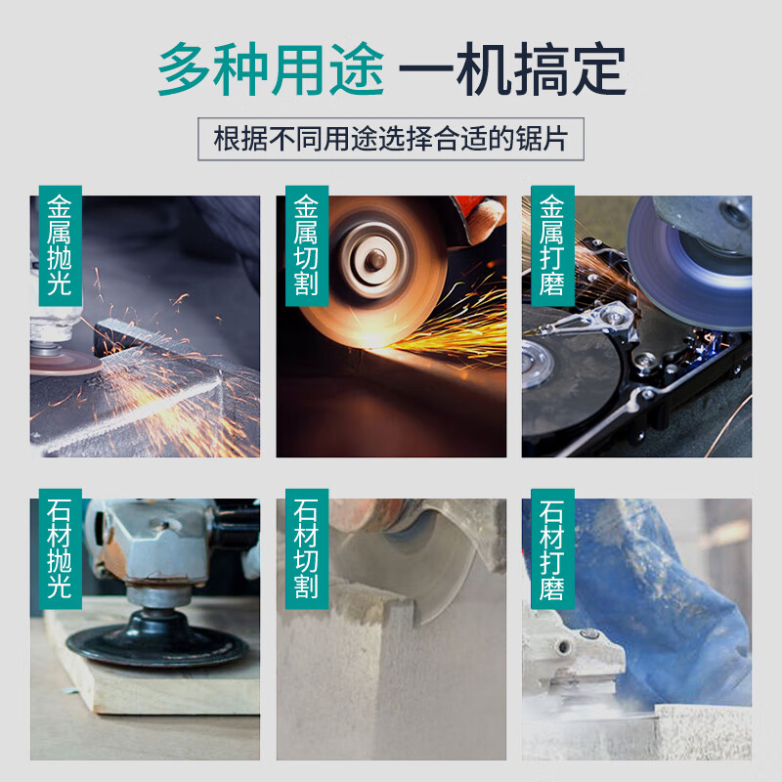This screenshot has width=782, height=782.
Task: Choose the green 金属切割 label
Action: point(306,245)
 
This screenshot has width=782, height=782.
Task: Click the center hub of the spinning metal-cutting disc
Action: point(374,259)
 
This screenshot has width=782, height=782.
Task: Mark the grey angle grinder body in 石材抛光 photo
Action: point(156,547)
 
